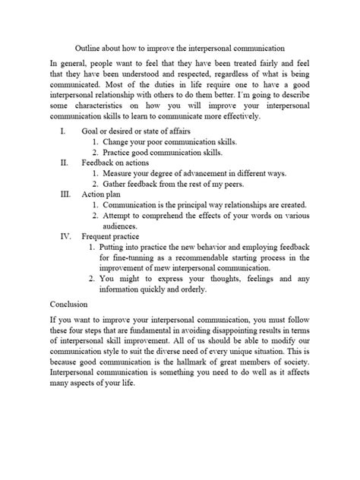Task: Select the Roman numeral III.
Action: (x=65, y=194)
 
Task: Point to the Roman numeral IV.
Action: (x=65, y=236)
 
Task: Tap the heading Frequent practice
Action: (x=115, y=236)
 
